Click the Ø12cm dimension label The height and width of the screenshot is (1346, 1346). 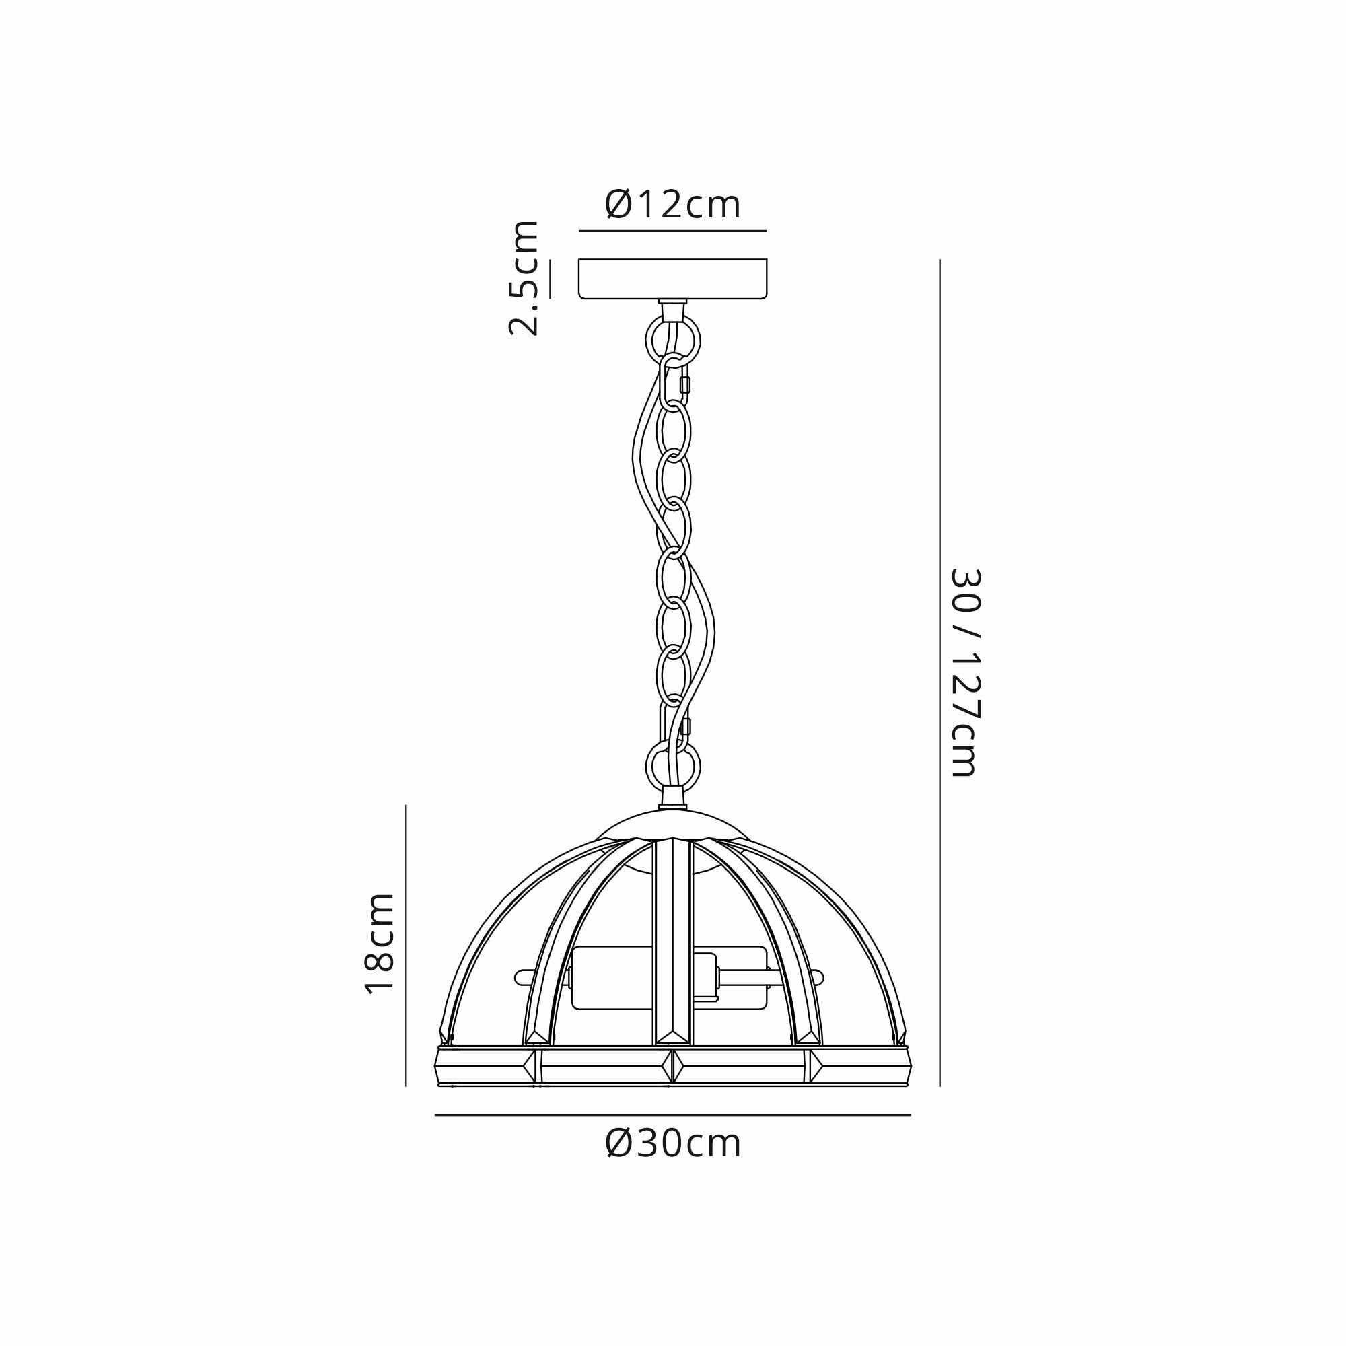pos(672,205)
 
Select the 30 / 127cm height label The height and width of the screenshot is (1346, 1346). pos(966,672)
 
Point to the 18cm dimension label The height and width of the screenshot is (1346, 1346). pos(380,943)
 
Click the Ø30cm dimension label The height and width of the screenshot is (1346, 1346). pos(673,1143)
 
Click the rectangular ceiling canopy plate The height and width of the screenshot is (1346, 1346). pos(672,279)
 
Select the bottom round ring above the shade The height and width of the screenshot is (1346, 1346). pos(673,767)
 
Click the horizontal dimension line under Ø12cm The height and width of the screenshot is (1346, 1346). pos(672,231)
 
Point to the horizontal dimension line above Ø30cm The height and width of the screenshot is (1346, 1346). pos(672,1115)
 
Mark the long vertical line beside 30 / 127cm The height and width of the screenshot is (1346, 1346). pos(940,672)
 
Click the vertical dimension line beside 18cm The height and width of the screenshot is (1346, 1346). pos(406,945)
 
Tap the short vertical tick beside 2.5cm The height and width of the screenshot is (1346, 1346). pos(550,279)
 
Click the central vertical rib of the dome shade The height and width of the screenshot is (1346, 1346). pos(673,948)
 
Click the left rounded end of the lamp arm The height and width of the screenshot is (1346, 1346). pos(520,978)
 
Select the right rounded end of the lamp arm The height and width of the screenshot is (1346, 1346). pos(818,978)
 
